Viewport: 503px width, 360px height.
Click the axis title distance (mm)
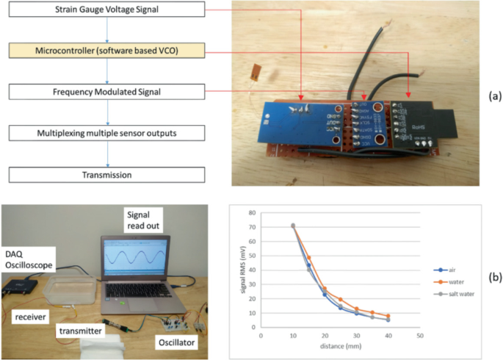pyautogui.click(x=340, y=346)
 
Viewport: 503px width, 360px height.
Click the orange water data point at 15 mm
pyautogui.click(x=308, y=258)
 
